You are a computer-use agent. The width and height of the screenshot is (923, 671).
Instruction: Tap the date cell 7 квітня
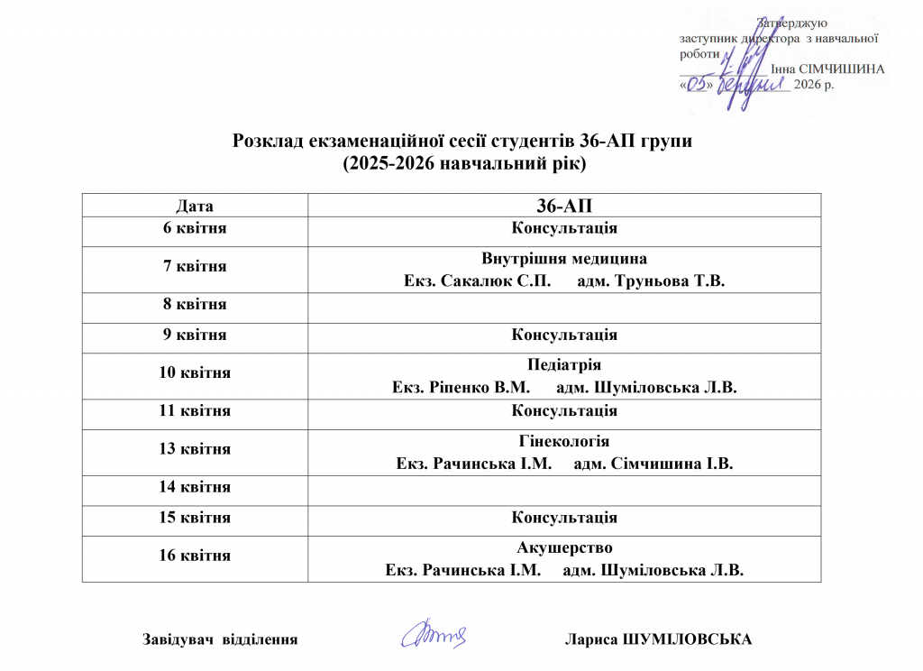coord(195,267)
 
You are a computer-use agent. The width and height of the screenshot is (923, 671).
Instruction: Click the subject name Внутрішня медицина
coord(564,257)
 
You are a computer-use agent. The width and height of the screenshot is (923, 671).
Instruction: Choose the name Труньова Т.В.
coord(681,280)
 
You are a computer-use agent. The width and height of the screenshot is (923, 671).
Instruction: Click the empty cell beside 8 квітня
coord(564,305)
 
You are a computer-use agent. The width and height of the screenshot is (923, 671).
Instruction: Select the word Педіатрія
coord(564,365)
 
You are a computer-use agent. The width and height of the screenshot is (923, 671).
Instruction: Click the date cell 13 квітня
coord(195,449)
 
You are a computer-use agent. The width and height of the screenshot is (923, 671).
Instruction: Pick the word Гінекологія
coord(564,442)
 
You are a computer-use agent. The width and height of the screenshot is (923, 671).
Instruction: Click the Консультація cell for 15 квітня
coord(564,518)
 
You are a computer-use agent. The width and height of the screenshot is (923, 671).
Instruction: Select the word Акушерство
coord(564,547)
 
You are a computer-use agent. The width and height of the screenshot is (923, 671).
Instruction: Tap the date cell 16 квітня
coord(195,556)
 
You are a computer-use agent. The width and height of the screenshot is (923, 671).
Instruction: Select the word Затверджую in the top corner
coord(792,23)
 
